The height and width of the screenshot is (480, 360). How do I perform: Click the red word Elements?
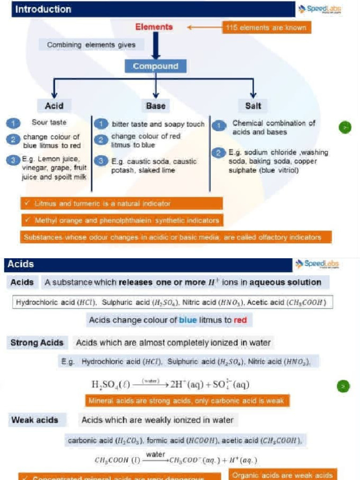tap(154, 27)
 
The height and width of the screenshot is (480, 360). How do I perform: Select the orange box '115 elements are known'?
tap(266, 28)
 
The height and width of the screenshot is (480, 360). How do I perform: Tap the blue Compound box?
tap(156, 66)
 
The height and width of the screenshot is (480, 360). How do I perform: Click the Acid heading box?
tap(54, 106)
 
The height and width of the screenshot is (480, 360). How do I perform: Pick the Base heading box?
tap(156, 106)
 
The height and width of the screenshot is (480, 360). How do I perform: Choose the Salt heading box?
tap(253, 106)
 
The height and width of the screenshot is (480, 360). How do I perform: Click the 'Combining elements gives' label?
tap(91, 45)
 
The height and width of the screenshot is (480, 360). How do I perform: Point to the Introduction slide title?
tap(43, 9)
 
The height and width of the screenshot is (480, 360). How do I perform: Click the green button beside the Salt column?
tap(345, 127)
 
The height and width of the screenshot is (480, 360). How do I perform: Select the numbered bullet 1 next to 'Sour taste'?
tap(14, 124)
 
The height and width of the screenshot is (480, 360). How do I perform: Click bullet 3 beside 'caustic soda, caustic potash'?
tap(101, 161)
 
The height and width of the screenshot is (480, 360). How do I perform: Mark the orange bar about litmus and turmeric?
tap(121, 203)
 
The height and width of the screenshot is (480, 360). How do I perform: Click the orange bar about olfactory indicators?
tap(175, 237)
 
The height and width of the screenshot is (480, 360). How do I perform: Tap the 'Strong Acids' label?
tap(37, 343)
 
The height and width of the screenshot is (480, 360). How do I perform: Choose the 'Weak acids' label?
tap(35, 420)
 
